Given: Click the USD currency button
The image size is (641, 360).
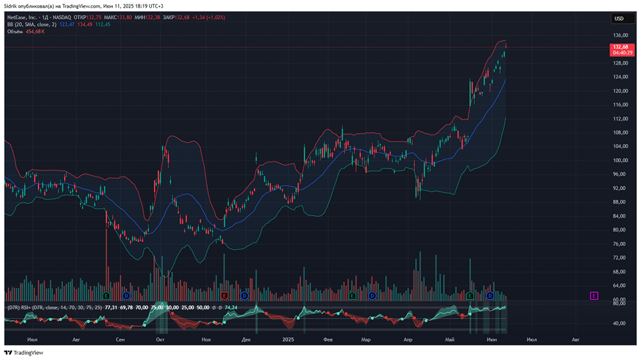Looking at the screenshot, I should click(619, 19).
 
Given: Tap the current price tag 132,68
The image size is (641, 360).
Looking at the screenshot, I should click(620, 47).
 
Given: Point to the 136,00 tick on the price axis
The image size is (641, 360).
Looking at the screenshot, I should click(619, 36).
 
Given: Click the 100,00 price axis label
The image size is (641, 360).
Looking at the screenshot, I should click(619, 160).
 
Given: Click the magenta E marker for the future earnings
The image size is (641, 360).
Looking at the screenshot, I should click(594, 295).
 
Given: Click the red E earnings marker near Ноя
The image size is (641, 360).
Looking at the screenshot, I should click(224, 295).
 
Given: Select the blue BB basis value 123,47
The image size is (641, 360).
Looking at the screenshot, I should click(67, 24).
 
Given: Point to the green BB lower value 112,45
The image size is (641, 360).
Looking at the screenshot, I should click(103, 24).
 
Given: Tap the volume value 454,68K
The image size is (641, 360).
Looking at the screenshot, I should click(35, 31).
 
